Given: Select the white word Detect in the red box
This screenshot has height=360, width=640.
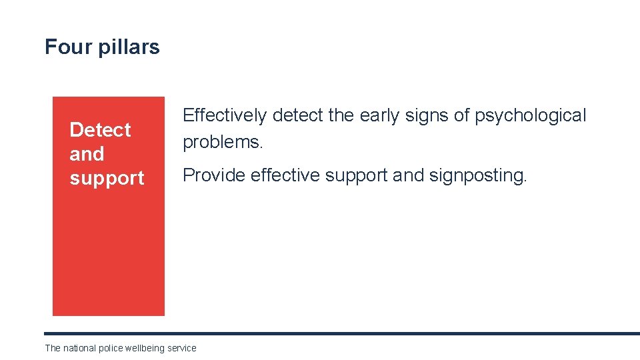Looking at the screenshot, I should tap(100, 129).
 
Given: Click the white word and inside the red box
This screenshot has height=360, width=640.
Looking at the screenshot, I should tap(87, 154).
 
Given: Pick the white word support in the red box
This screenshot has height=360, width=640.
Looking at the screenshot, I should tap(107, 179).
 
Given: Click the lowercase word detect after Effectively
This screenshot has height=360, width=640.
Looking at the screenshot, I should tap(297, 116).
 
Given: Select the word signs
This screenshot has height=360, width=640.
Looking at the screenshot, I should tap(429, 116).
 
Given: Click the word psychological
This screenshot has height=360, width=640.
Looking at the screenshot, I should tap(530, 116).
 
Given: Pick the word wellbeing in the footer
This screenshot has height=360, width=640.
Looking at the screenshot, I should tap(145, 348).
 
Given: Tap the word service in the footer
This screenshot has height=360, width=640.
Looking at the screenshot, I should tap(182, 348).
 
